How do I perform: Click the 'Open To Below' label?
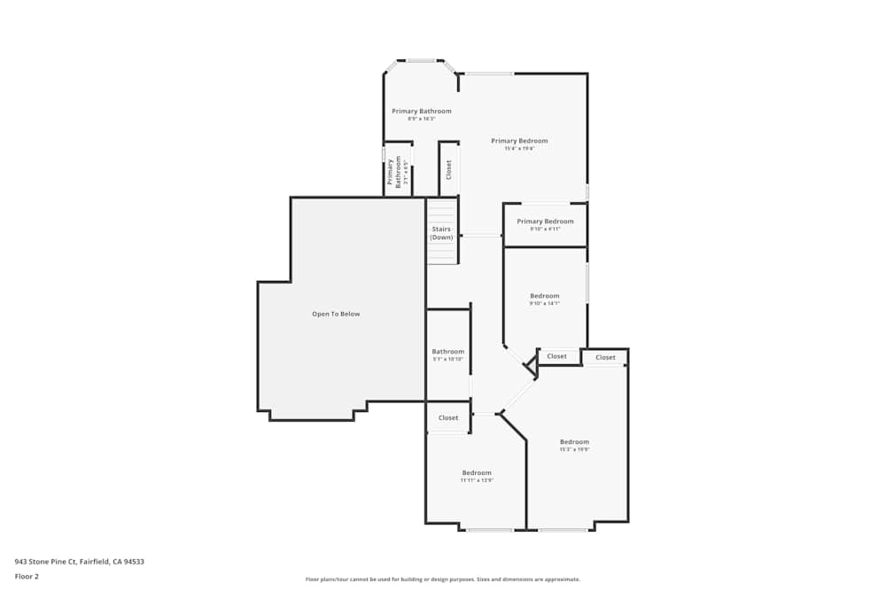click(x=336, y=314)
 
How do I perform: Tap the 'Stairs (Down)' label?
click(x=441, y=233)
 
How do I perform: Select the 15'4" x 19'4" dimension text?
click(x=519, y=149)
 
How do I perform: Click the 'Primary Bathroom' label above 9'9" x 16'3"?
click(x=422, y=111)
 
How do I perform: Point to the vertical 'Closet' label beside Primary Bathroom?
click(x=448, y=169)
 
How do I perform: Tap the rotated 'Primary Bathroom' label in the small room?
click(x=398, y=172)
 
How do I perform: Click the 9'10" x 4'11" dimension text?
click(x=545, y=229)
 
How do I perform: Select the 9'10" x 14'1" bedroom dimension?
click(x=544, y=304)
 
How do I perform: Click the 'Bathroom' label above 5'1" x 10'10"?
click(x=447, y=351)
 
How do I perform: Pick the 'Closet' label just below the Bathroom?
click(x=448, y=417)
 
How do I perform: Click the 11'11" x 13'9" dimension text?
click(x=476, y=480)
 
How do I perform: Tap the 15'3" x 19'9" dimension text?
click(x=574, y=449)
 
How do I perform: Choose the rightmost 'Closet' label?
click(x=605, y=357)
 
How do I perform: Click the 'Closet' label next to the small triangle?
click(x=556, y=356)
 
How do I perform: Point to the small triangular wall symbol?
click(x=531, y=363)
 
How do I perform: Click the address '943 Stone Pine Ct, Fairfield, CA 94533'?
click(x=79, y=561)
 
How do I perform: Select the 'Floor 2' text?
click(x=27, y=576)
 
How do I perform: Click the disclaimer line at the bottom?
click(x=443, y=579)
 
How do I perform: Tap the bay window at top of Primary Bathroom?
click(x=421, y=61)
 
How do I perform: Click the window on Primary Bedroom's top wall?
click(x=489, y=73)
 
